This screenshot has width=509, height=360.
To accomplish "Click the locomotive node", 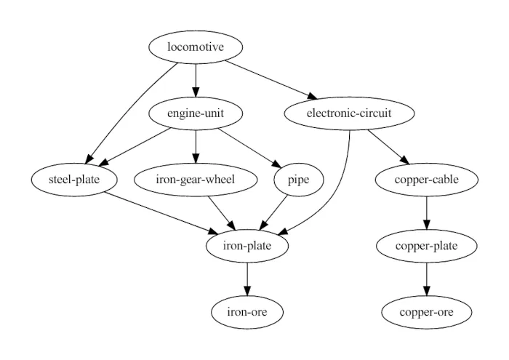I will [x=196, y=47].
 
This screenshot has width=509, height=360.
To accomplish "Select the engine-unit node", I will [x=196, y=113].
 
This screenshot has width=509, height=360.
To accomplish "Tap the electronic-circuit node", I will [x=350, y=113].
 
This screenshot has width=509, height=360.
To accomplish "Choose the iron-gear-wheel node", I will [x=196, y=180].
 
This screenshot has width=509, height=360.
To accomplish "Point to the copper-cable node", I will [x=426, y=180].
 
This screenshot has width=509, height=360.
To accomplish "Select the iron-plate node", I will [x=247, y=246].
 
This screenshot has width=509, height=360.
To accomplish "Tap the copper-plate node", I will [x=426, y=246].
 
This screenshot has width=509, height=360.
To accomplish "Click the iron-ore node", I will [x=247, y=312].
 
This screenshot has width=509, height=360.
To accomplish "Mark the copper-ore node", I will [x=426, y=312].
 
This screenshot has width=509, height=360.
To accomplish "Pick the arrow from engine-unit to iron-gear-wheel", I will [x=196, y=146].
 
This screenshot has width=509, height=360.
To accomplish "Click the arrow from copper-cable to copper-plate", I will [x=426, y=212].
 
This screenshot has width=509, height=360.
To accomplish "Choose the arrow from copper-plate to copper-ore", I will [x=426, y=279].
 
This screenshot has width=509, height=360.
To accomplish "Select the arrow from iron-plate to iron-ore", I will [x=247, y=279].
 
